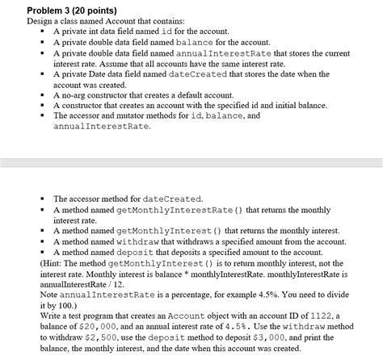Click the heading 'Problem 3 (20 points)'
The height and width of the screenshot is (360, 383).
tap(71, 9)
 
